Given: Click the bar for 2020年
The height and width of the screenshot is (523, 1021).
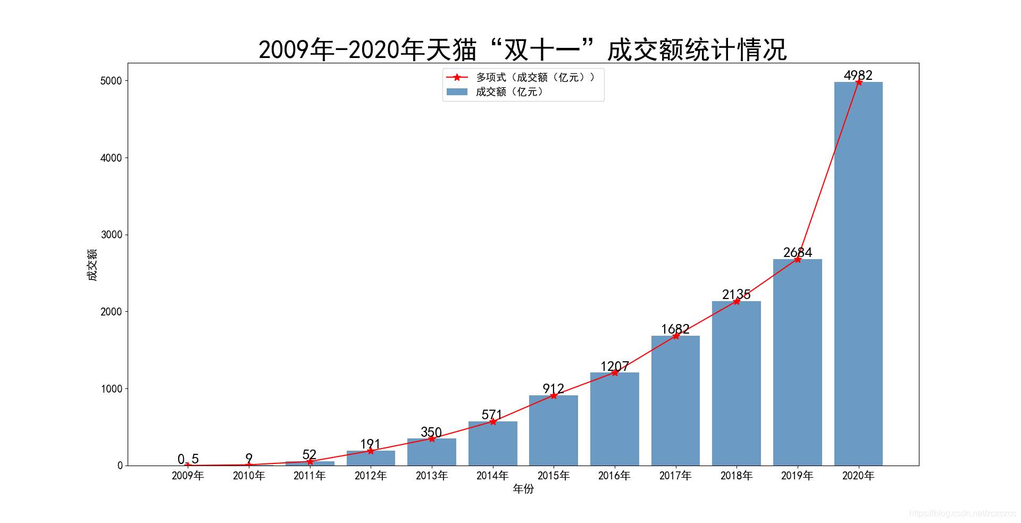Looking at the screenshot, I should point(858,274).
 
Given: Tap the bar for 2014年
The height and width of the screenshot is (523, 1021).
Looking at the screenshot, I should point(492,444).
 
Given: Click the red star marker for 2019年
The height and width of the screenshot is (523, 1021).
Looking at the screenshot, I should point(798,259).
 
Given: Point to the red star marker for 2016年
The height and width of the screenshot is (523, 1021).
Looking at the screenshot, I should point(615,372).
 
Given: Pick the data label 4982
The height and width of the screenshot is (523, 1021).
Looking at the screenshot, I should point(858,75).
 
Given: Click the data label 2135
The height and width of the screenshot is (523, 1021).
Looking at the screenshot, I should point(737,294).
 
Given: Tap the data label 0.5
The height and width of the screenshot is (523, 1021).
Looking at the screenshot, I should point(188,459).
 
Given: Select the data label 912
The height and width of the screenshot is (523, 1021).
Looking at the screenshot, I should point(554,388).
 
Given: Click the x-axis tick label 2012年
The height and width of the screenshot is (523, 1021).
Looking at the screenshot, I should point(371,476).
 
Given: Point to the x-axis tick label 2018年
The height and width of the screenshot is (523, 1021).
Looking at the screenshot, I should point(737,476).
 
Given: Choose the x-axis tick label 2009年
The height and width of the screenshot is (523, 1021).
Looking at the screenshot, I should point(188,476).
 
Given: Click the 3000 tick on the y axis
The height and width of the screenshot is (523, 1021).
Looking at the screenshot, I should point(111,235).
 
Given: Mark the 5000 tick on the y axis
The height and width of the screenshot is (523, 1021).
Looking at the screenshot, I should point(111,81).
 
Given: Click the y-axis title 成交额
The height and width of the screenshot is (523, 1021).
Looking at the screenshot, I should point(93,264).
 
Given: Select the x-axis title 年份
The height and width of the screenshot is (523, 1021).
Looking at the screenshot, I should point(523,489).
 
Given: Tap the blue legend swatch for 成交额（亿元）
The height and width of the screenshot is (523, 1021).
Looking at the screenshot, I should point(457,92).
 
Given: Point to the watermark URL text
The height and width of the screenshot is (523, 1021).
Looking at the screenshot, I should point(963,513).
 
